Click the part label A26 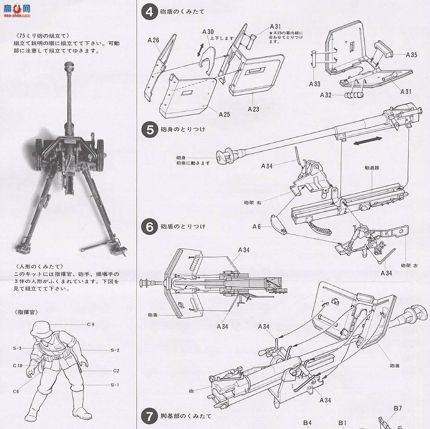(x=153, y=41)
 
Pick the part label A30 (x=207, y=32)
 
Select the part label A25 (x=224, y=114)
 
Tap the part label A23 (x=254, y=109)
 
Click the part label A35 (x=411, y=55)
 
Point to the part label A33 (x=314, y=84)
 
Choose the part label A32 (x=325, y=95)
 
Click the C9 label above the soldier (x=90, y=325)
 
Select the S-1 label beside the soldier (x=115, y=385)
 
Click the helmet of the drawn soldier (x=40, y=329)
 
